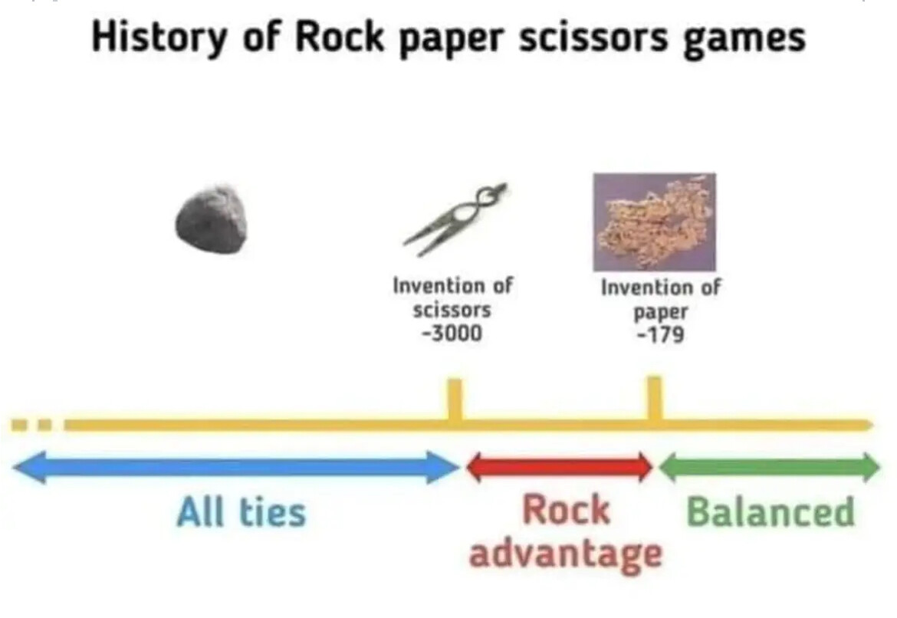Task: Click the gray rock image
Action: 212,219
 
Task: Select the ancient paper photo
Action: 655,222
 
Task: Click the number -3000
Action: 452,334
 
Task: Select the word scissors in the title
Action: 593,38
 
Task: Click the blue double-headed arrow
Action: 235,467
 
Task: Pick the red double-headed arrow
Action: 560,467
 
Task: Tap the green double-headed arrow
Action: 770,467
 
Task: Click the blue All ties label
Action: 242,511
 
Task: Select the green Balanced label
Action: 770,511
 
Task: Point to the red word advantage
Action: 565,554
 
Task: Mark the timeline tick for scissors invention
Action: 455,400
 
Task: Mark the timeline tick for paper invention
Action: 655,399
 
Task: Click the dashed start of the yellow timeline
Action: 32,425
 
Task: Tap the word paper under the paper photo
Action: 661,312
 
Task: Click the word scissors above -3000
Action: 452,310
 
